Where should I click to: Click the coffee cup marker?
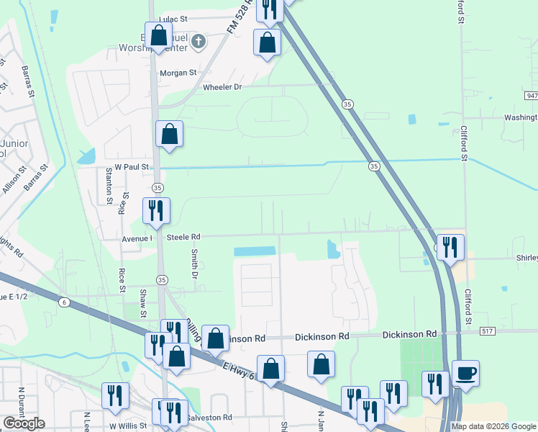coord(465,373)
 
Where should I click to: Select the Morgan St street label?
coord(178,73)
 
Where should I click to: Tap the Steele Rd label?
coord(183,236)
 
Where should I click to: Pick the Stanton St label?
coord(109,186)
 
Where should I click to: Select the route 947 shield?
coord(531,95)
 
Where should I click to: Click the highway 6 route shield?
coord(65,303)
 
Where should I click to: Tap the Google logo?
coord(24,423)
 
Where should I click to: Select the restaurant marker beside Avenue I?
coord(156,210)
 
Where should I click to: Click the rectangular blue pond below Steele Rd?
coord(255,251)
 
